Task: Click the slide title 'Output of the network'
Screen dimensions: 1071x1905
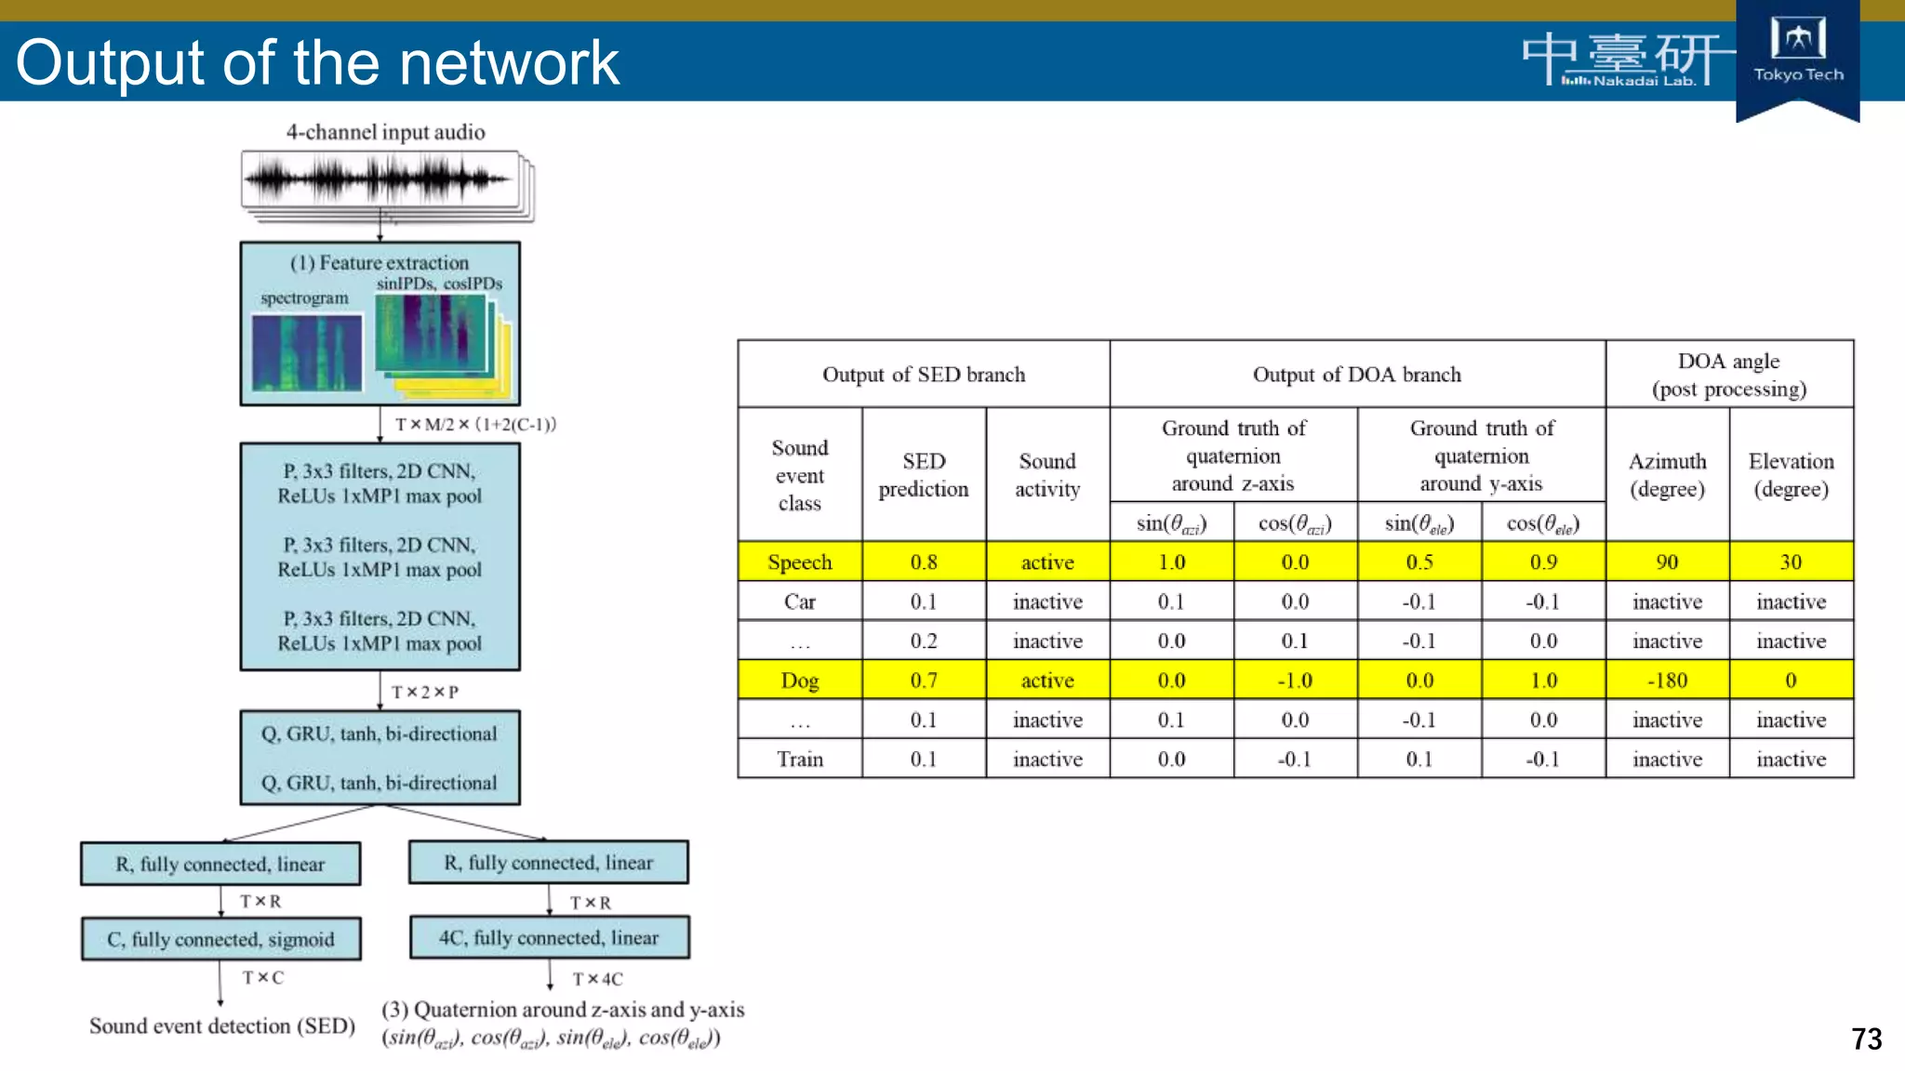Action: tap(317, 63)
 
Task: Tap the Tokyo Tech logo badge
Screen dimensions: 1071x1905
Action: tap(1797, 56)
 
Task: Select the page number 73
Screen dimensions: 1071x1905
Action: tap(1866, 1038)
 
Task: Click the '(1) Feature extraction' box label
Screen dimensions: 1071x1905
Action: tap(380, 263)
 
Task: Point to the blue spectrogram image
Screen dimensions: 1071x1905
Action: tap(307, 353)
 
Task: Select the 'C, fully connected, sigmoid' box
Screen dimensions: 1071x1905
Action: tap(220, 939)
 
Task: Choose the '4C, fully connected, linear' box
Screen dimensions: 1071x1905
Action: tap(549, 937)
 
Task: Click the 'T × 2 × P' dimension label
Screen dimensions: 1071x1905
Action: tap(425, 693)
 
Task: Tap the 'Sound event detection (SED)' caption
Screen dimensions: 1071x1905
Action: tap(222, 1025)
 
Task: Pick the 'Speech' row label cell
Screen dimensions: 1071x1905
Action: tap(800, 562)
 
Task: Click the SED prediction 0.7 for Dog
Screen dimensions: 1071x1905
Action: tap(924, 681)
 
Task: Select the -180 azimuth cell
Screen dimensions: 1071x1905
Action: tap(1667, 681)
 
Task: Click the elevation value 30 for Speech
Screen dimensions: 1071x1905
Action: tap(1791, 562)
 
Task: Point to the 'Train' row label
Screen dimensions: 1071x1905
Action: tap(800, 760)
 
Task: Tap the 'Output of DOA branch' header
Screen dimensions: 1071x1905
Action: tap(1356, 375)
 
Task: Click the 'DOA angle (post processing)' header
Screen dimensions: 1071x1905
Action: tap(1728, 375)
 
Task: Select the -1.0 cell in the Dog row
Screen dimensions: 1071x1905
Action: tap(1295, 681)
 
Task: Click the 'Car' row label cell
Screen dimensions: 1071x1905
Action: tap(800, 602)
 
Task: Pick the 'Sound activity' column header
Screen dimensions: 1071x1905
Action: tap(1047, 475)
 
